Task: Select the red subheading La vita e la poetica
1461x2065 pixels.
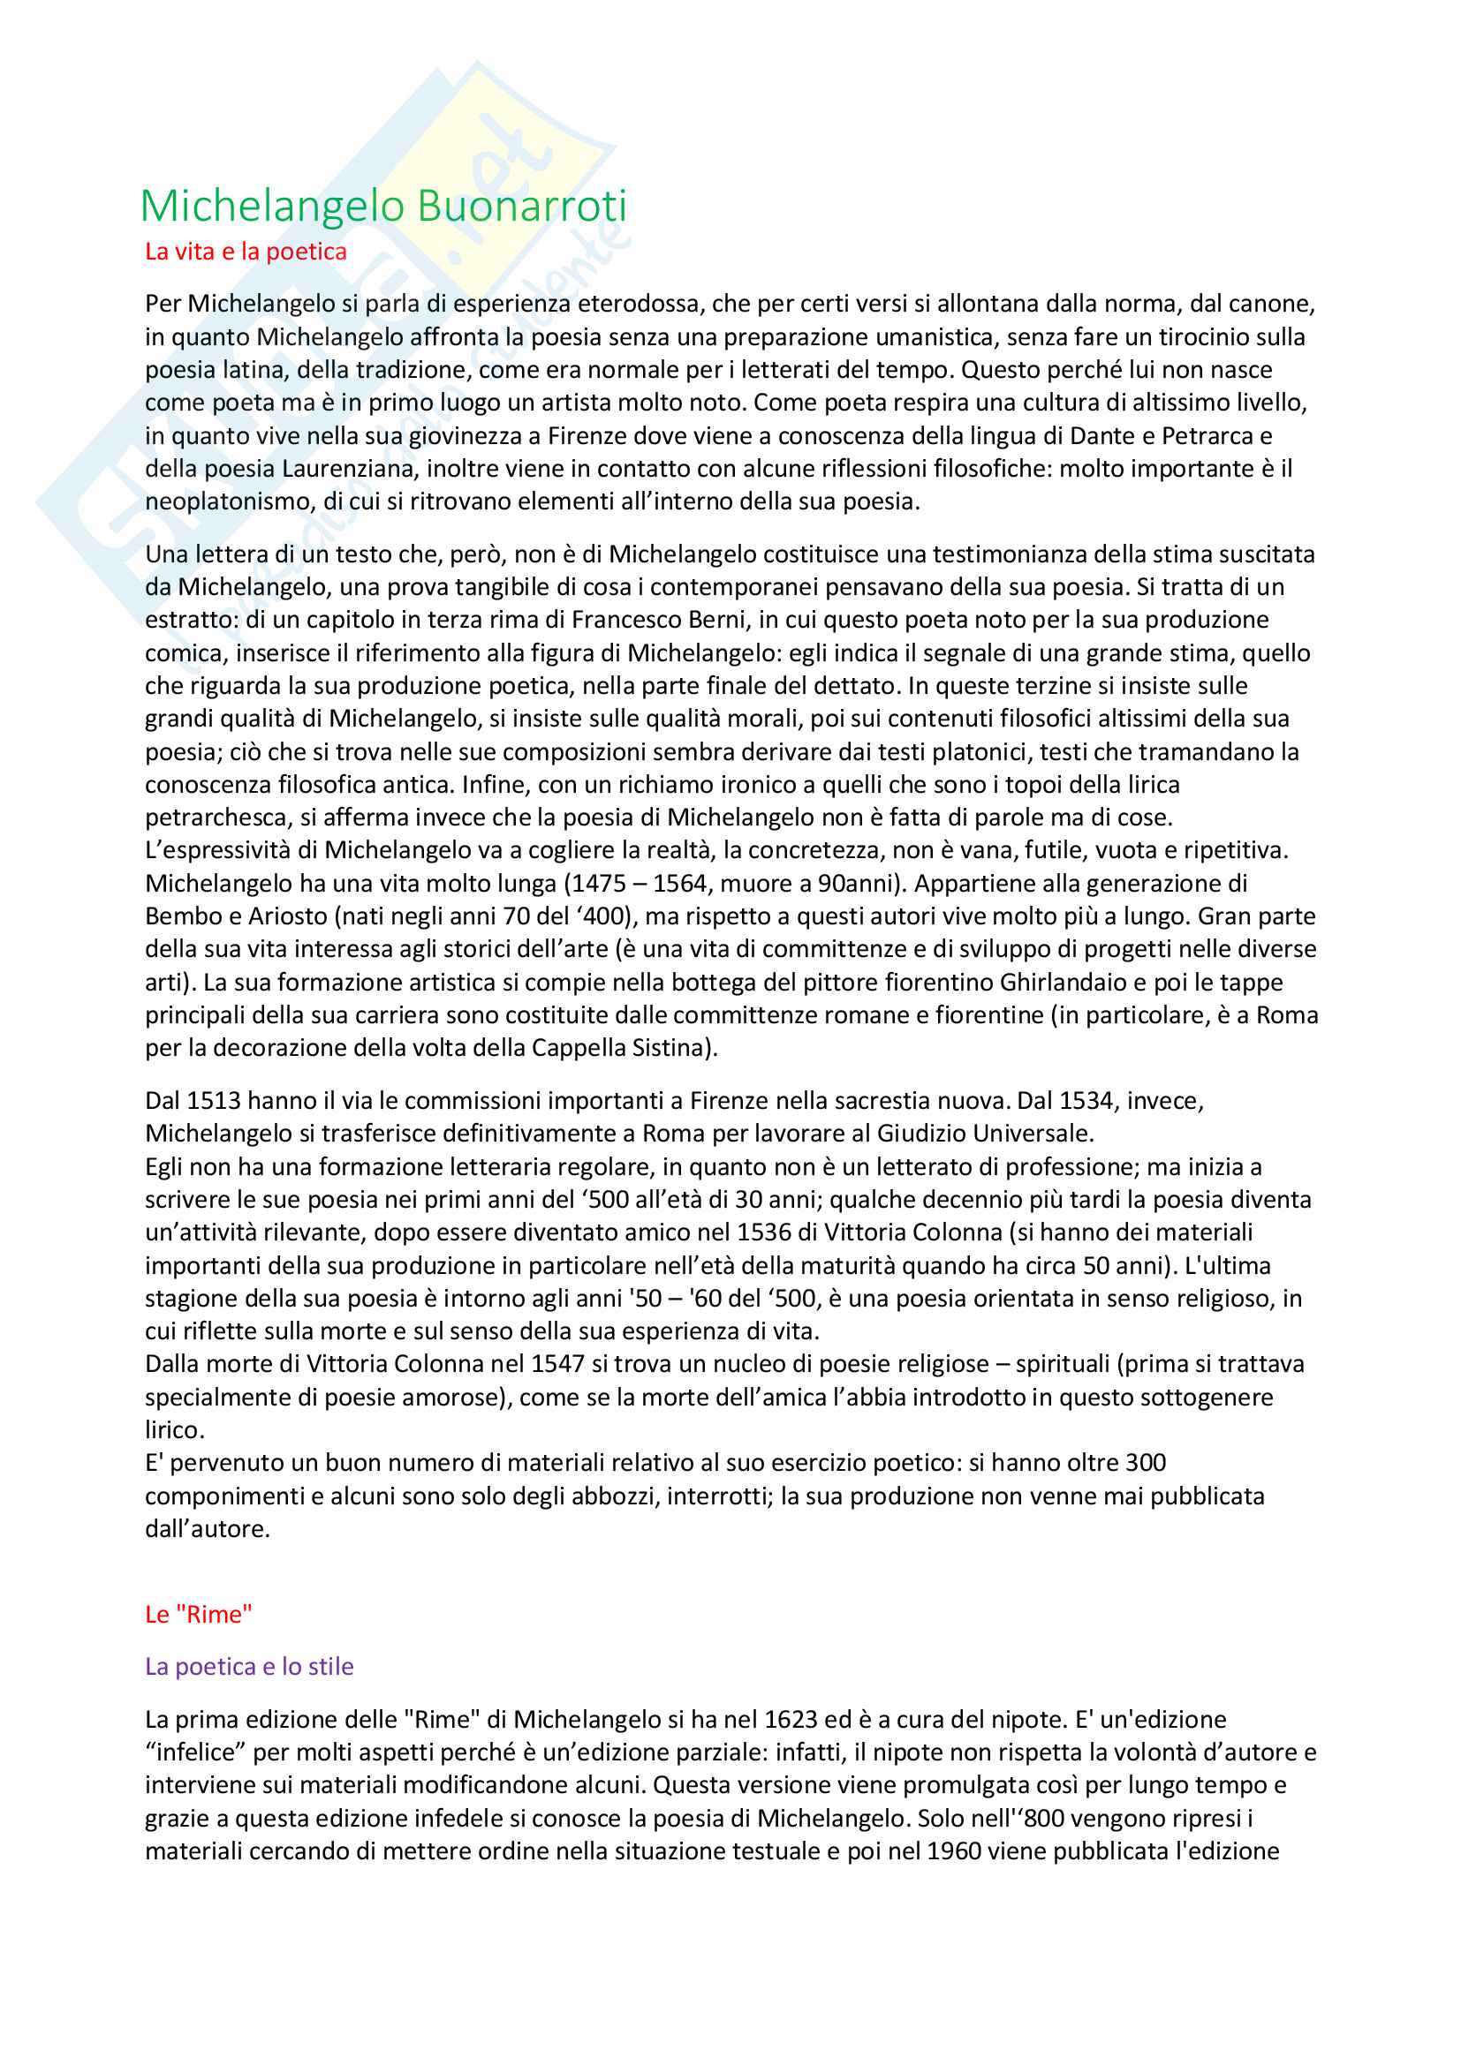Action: point(246,252)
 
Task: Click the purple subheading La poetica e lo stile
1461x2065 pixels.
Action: point(249,1667)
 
